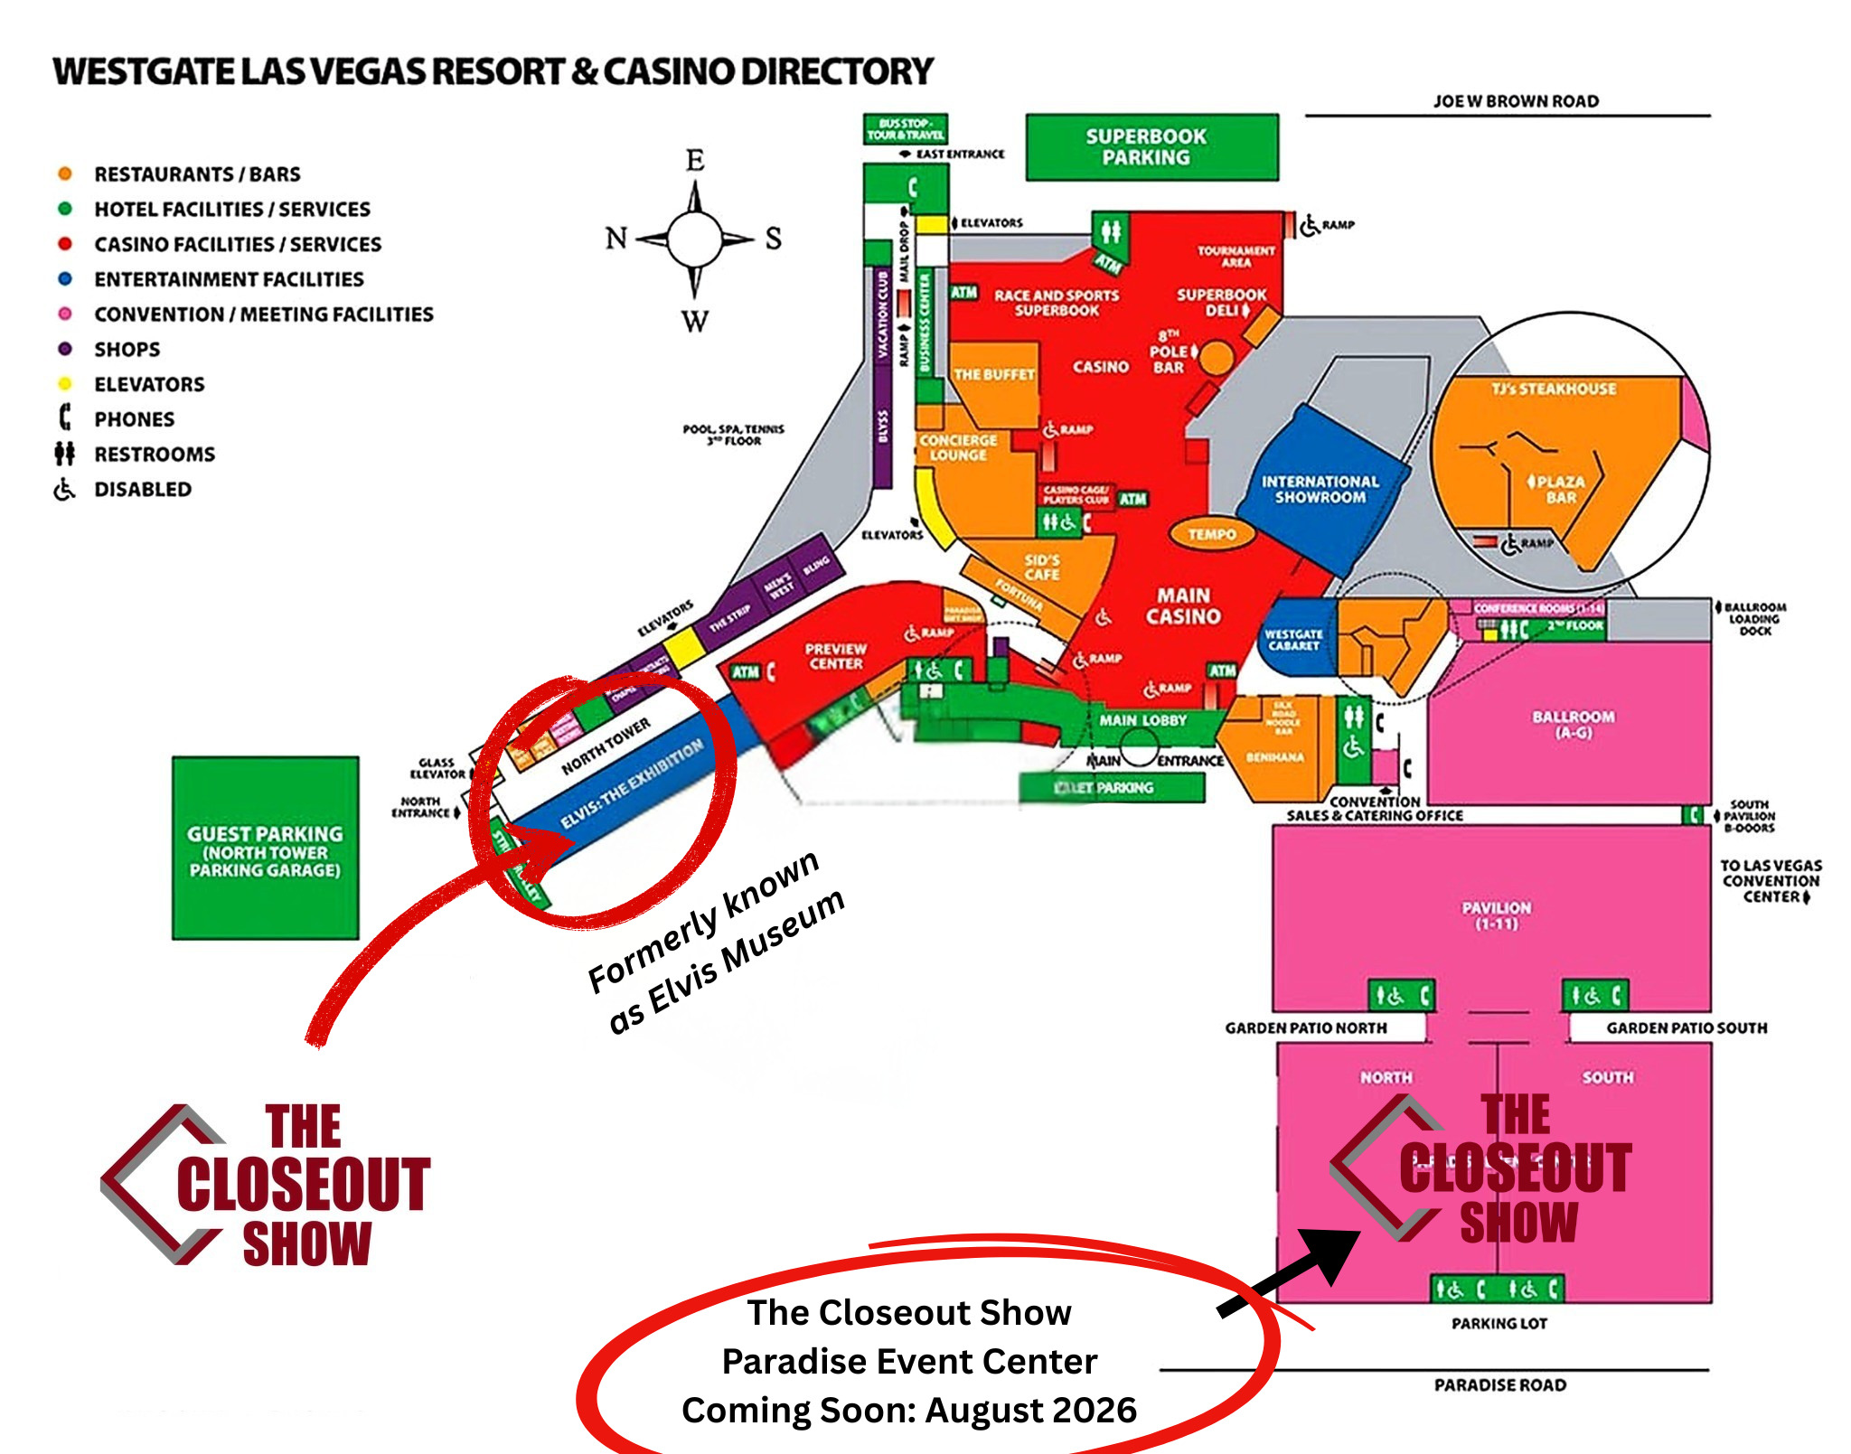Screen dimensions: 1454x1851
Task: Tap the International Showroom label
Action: [1320, 489]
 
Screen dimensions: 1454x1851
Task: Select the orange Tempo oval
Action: [1211, 534]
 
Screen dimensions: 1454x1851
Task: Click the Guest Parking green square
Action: [265, 849]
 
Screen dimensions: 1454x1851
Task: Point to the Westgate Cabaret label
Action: [1293, 640]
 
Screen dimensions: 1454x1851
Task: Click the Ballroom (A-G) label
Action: [1573, 724]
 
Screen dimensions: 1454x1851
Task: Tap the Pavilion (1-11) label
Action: [1497, 915]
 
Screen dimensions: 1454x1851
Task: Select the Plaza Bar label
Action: [1560, 489]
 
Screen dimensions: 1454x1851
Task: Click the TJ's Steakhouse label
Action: [1554, 389]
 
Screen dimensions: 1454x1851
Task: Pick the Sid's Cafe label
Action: [1041, 568]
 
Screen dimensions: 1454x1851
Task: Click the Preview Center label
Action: [836, 656]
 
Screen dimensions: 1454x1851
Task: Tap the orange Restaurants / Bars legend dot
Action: [65, 174]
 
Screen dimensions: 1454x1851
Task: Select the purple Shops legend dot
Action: [65, 349]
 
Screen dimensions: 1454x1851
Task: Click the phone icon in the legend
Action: [65, 417]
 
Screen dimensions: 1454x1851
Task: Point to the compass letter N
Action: [616, 239]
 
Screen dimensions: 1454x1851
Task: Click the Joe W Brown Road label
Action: [1516, 101]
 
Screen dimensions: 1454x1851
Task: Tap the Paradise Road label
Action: [1500, 1385]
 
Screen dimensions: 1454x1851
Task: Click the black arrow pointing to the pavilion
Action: [1292, 1270]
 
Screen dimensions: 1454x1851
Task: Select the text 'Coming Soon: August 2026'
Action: [909, 1411]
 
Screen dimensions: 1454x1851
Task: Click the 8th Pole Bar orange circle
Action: [1217, 358]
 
